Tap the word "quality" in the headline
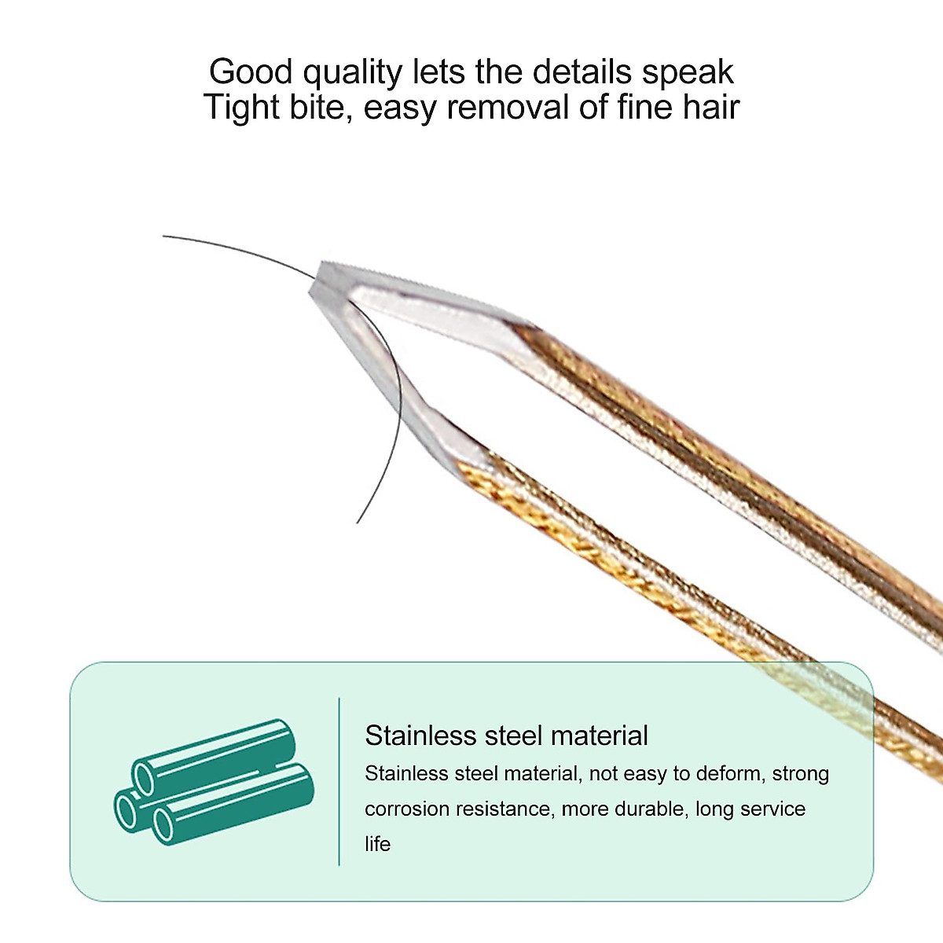tap(353, 73)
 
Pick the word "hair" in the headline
tap(711, 107)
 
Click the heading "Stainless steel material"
tap(506, 736)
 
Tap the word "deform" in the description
tap(729, 773)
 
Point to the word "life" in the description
tap(377, 844)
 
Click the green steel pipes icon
tap(214, 782)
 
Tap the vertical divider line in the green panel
tap(339, 781)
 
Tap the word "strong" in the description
tap(800, 773)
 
